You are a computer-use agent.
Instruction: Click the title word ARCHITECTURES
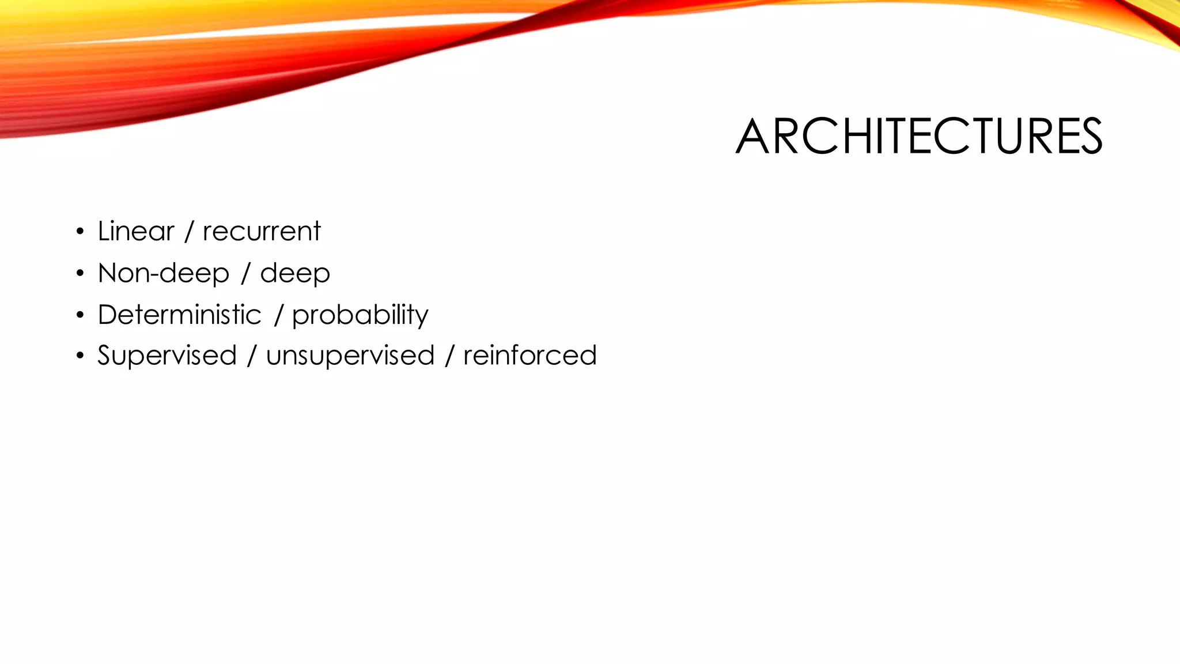click(x=918, y=137)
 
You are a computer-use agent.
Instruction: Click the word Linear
click(x=136, y=231)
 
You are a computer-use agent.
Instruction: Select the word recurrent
click(x=261, y=231)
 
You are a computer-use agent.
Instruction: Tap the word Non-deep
click(x=164, y=273)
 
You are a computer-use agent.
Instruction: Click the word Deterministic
click(x=179, y=315)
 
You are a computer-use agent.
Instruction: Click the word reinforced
click(x=530, y=355)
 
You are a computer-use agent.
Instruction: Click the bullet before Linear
click(x=80, y=232)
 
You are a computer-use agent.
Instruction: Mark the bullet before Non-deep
click(x=80, y=274)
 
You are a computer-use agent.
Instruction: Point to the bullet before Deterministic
click(x=80, y=315)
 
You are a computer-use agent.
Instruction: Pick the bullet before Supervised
click(x=80, y=356)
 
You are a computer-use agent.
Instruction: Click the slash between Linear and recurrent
click(x=188, y=232)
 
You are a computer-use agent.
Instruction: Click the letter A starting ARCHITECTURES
click(x=752, y=137)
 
